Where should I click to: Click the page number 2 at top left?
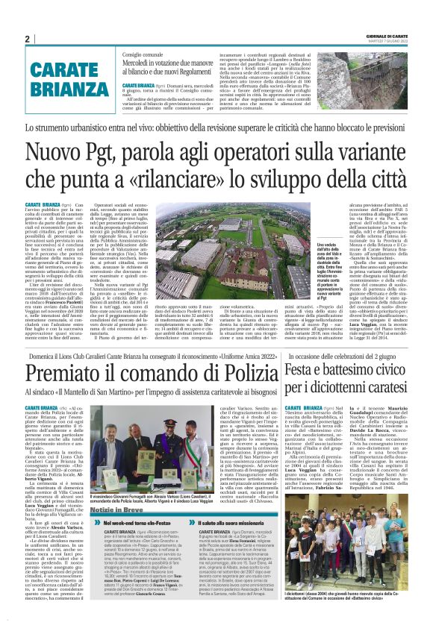tap(27, 40)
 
